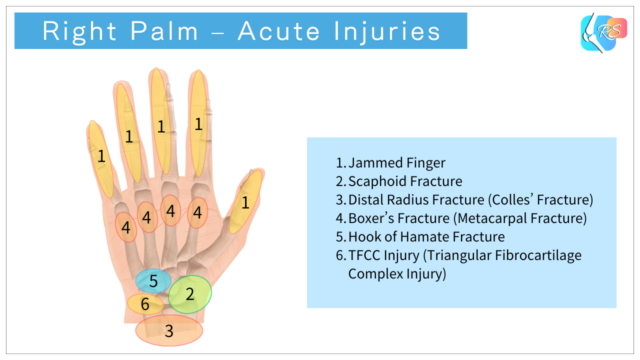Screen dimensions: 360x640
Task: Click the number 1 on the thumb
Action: point(245,203)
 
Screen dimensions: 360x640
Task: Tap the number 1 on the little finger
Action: point(101,156)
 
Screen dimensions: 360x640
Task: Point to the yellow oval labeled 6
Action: point(145,303)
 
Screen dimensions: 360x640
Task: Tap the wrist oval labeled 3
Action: point(169,329)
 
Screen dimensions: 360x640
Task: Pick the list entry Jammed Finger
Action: point(396,163)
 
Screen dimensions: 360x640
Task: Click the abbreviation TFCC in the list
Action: point(366,255)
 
